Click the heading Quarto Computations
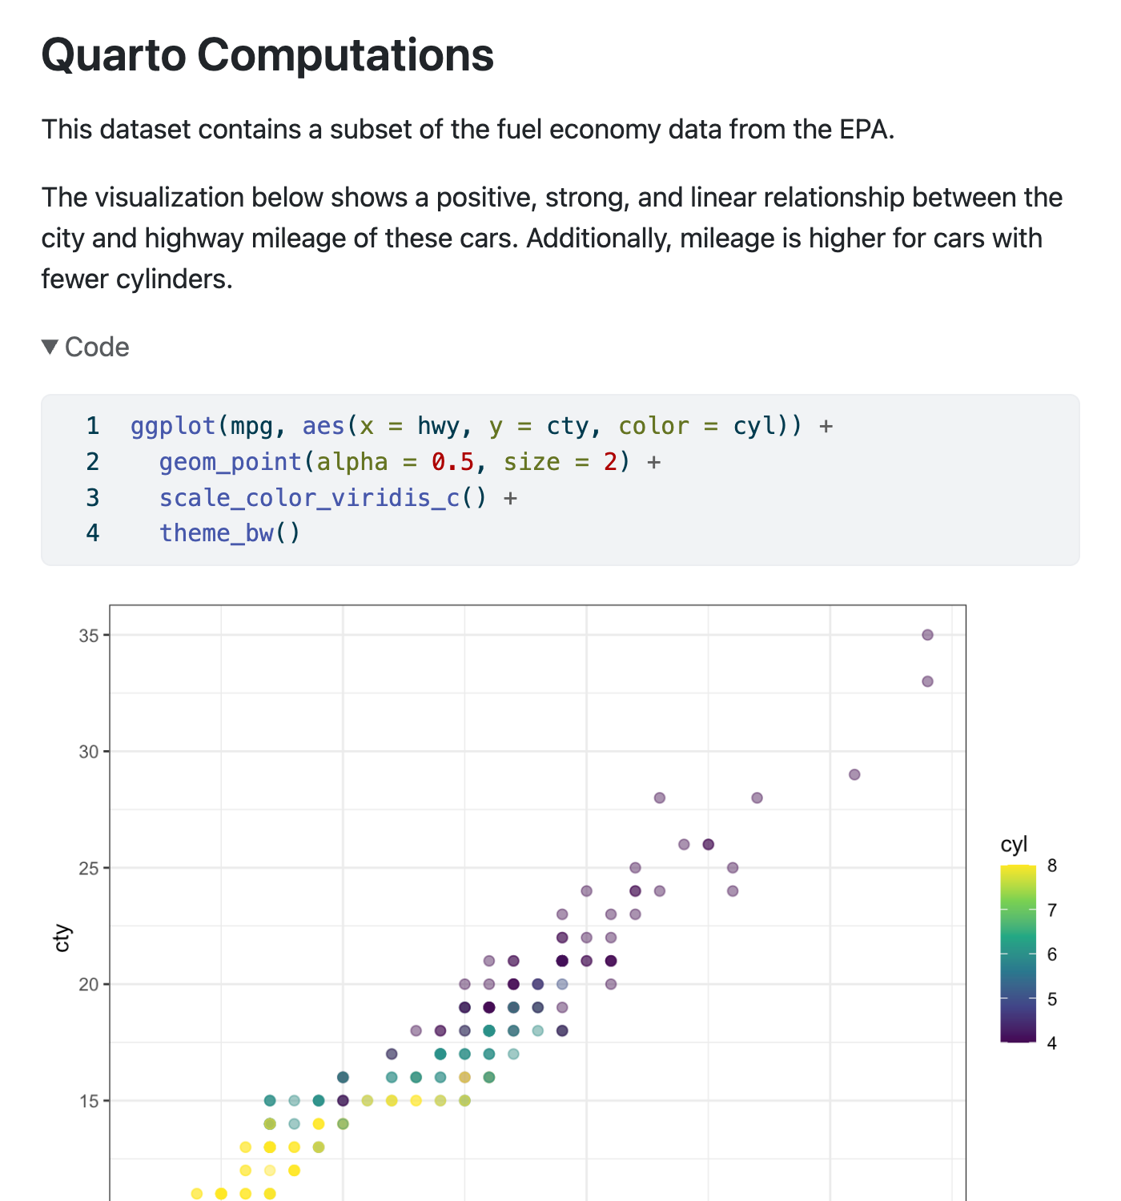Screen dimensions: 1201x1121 [x=267, y=55]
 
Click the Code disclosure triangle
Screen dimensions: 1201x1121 [x=50, y=347]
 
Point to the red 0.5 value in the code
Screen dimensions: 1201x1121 [x=452, y=462]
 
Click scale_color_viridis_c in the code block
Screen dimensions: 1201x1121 [x=309, y=498]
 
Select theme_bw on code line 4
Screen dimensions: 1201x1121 [x=216, y=533]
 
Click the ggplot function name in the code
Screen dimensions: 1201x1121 [x=173, y=426]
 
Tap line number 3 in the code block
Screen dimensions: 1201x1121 [x=93, y=498]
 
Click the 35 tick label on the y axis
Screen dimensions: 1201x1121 [x=88, y=636]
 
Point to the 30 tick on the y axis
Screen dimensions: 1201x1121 [x=88, y=752]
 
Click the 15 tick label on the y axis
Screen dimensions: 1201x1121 [x=88, y=1101]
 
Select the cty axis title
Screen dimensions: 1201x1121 [x=62, y=938]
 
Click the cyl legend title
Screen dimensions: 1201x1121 [x=1014, y=845]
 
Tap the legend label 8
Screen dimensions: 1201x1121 [x=1051, y=866]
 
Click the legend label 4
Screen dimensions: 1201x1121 [x=1051, y=1043]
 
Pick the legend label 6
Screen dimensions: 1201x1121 [x=1051, y=954]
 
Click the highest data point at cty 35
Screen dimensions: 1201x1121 [x=927, y=635]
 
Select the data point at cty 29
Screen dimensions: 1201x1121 [x=854, y=774]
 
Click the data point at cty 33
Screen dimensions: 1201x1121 [x=927, y=681]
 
